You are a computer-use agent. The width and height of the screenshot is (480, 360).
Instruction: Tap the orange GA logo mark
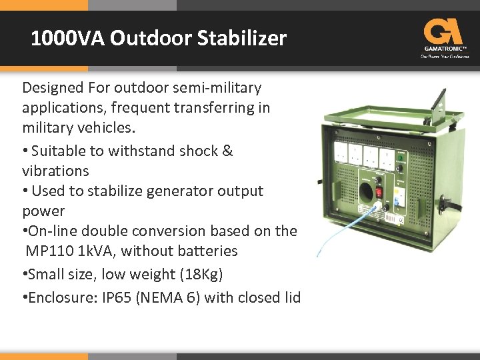(443, 31)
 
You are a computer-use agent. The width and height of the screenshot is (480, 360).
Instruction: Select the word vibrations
(55, 170)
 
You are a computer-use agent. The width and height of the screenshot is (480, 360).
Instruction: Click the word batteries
(205, 251)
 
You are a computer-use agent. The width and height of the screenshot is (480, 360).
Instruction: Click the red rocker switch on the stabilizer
(377, 192)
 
